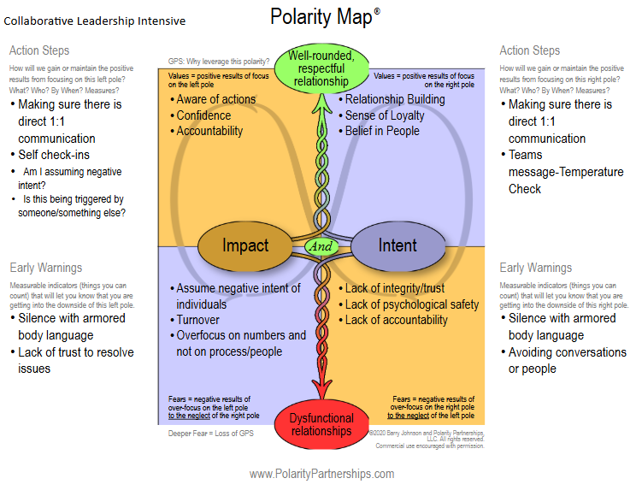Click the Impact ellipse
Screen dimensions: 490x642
244,245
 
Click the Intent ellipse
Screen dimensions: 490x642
397,245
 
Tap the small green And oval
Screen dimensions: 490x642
321,246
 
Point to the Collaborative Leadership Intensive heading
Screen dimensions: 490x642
95,21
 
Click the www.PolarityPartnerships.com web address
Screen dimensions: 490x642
321,474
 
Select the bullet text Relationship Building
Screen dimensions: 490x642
394,99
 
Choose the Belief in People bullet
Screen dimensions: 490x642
382,131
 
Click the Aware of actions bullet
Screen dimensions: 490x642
215,99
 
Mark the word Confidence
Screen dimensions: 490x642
203,115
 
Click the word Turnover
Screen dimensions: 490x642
199,320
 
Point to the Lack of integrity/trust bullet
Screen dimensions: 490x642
394,289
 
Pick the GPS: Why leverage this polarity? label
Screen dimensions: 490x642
219,61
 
